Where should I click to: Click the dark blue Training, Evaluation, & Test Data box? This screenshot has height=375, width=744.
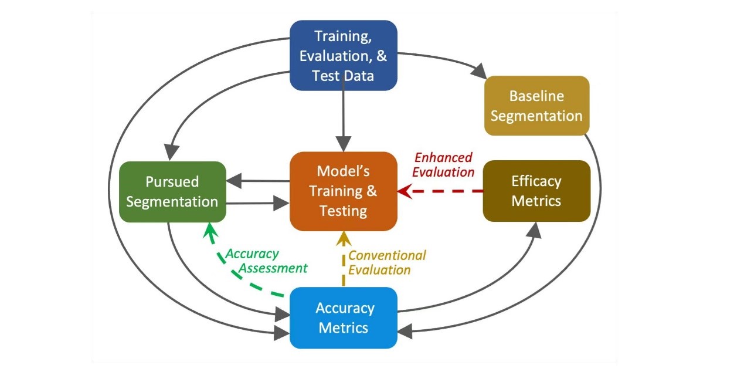coord(344,55)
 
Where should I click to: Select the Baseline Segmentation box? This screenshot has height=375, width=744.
coord(536,106)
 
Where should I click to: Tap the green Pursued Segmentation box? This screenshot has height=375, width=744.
coord(172,191)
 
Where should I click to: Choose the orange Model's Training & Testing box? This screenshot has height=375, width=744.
coord(344,191)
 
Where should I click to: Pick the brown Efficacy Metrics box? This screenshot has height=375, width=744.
coord(536,191)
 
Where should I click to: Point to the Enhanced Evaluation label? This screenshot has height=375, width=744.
coord(443,165)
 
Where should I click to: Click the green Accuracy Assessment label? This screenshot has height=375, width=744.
coord(266,261)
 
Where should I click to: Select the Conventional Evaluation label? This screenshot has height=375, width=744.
coord(387,262)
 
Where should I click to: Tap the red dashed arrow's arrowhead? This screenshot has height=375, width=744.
coord(405,191)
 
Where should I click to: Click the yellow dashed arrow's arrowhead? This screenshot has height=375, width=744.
coord(344,238)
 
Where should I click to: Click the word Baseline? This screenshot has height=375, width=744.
coord(536,96)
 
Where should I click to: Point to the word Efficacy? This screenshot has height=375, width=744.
coord(536,181)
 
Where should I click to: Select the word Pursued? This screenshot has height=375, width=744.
coord(172,181)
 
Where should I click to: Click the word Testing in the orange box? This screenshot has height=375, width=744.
coord(344,211)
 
